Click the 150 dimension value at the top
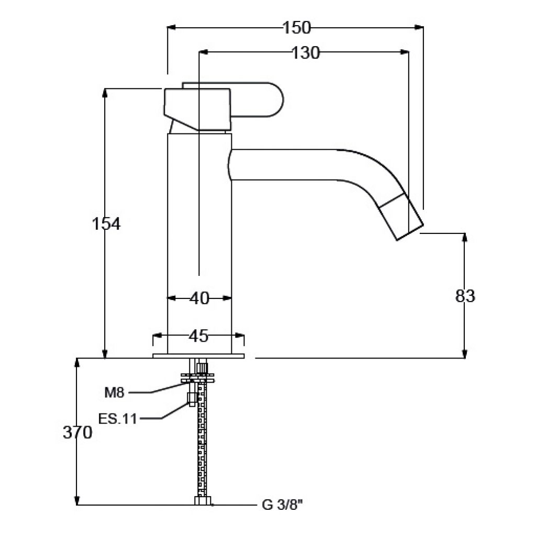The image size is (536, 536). click(297, 28)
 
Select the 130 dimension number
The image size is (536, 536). click(306, 53)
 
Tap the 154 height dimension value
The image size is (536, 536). click(106, 224)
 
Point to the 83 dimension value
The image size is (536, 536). click(465, 296)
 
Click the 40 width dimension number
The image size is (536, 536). click(199, 298)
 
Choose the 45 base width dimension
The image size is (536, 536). click(198, 336)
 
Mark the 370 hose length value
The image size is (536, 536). click(77, 432)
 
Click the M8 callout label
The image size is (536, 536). click(114, 393)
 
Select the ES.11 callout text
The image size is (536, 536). click(118, 418)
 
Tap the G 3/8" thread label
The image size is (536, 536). click(282, 505)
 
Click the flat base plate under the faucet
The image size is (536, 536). click(198, 356)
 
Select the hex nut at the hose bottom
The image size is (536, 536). click(203, 500)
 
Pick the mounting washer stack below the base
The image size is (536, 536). click(198, 378)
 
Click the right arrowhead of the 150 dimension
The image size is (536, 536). click(419, 27)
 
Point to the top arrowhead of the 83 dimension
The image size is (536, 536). click(465, 238)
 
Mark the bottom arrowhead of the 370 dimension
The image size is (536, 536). click(77, 500)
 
